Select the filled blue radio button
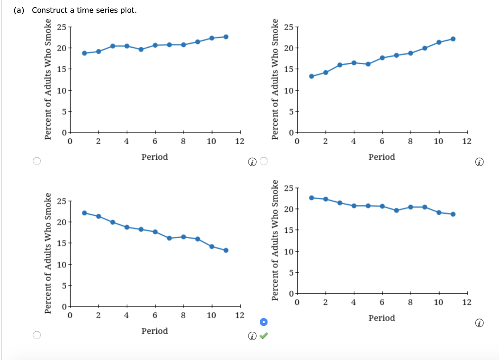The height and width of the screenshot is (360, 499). [x=264, y=322]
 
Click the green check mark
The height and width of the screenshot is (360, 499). [x=264, y=336]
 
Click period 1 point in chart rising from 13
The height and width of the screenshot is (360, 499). [x=311, y=76]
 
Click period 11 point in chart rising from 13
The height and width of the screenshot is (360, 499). [x=453, y=39]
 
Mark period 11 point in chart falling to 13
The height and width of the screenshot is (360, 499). [x=226, y=250]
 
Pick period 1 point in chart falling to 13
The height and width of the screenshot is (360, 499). [x=84, y=213]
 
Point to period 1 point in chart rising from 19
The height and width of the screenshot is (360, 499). [x=84, y=53]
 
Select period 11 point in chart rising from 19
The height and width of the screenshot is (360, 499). [x=226, y=37]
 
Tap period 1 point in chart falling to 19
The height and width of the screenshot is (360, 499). [x=311, y=197]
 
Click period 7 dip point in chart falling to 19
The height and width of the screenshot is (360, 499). [x=396, y=210]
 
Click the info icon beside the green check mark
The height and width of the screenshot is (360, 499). [x=251, y=336]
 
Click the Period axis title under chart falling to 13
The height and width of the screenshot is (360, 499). [x=154, y=331]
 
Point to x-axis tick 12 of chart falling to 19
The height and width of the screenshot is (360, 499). [x=467, y=303]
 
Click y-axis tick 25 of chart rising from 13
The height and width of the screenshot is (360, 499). [x=288, y=27]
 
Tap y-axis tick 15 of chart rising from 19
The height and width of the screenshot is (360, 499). [x=62, y=69]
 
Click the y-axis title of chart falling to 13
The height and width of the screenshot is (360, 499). [x=48, y=253]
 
